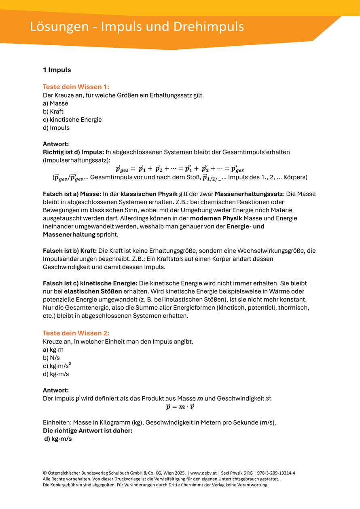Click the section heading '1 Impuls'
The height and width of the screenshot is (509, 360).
click(57, 70)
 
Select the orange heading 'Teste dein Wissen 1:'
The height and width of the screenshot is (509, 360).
click(76, 87)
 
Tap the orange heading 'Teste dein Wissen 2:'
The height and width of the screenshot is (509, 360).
click(76, 333)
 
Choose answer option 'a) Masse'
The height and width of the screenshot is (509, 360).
click(55, 103)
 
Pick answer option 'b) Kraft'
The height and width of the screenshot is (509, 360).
click(53, 111)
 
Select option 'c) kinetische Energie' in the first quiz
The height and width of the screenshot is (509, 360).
click(72, 120)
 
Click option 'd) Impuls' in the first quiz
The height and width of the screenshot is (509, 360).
click(56, 128)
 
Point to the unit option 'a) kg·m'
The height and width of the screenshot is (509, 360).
click(53, 350)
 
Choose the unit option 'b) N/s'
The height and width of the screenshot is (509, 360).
click(51, 358)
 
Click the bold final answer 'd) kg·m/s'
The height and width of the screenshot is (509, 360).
click(58, 439)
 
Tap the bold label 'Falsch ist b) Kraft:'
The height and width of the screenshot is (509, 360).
click(70, 251)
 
